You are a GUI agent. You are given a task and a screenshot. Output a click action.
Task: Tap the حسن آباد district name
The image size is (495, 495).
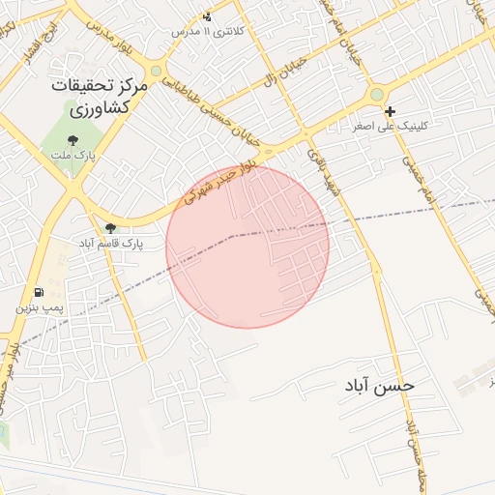click(379, 385)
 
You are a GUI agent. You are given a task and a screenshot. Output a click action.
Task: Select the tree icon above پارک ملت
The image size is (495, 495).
click(73, 141)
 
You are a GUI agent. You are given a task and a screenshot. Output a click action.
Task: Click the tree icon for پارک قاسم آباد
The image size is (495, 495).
click(110, 228)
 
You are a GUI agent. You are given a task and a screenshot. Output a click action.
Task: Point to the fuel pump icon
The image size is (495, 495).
click(39, 292)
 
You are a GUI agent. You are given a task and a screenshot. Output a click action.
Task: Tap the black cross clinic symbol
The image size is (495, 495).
click(391, 111)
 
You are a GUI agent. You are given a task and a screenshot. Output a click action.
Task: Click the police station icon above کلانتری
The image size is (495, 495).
click(207, 16)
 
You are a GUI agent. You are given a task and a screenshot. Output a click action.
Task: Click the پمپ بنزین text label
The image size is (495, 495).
click(38, 308)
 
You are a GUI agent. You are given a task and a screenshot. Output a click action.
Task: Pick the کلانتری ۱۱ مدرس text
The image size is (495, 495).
click(205, 32)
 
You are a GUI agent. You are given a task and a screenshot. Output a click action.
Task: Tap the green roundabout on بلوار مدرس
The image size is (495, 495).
click(156, 71)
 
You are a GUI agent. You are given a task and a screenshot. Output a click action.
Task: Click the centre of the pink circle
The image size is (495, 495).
click(247, 246)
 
